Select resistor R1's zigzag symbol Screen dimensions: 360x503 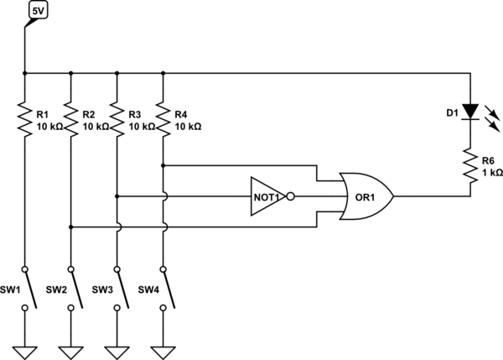pos(24,118)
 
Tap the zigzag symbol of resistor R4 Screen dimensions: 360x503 pos(163,118)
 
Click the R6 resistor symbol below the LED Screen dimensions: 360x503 pos(470,164)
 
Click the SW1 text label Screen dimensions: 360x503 pos(10,290)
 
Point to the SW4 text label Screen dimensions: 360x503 pos(148,290)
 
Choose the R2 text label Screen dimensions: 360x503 pos(90,112)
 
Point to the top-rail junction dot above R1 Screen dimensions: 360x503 pos(24,73)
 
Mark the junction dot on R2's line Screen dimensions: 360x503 pos(70,227)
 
